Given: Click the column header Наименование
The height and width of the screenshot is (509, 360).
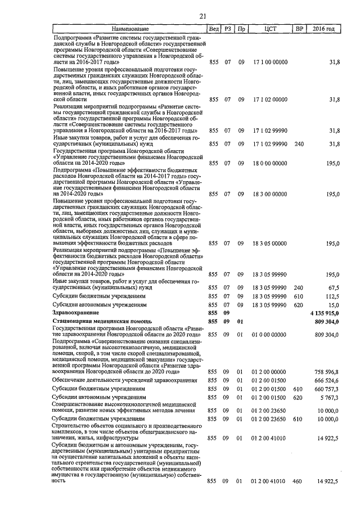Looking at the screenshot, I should (x=130, y=28).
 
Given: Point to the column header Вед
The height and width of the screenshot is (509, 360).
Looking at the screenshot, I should (x=214, y=28).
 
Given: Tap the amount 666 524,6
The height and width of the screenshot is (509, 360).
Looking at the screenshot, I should (x=327, y=381).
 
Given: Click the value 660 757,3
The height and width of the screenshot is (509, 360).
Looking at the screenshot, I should (x=327, y=389).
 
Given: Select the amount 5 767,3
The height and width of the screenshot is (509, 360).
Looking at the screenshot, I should (x=329, y=397).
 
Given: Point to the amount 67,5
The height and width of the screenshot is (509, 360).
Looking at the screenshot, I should (x=332, y=286).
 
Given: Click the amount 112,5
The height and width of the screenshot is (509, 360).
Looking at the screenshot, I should (x=331, y=295).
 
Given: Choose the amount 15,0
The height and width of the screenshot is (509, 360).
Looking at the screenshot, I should (x=332, y=304).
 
